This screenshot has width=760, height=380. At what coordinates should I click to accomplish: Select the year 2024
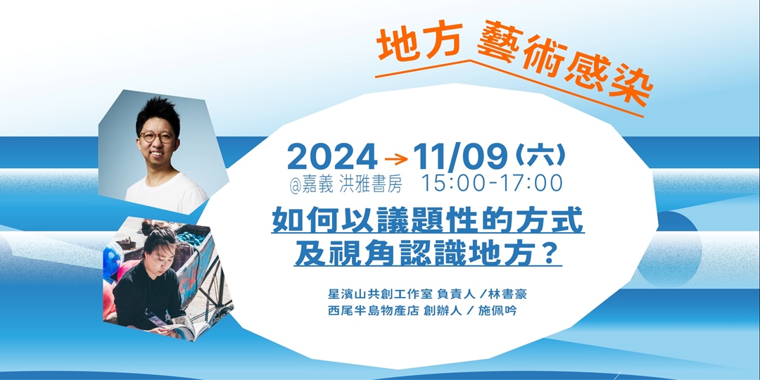point(331,156)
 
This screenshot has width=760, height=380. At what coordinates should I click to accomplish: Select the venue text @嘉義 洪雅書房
point(345,185)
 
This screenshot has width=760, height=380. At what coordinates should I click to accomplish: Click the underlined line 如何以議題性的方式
point(428,220)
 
